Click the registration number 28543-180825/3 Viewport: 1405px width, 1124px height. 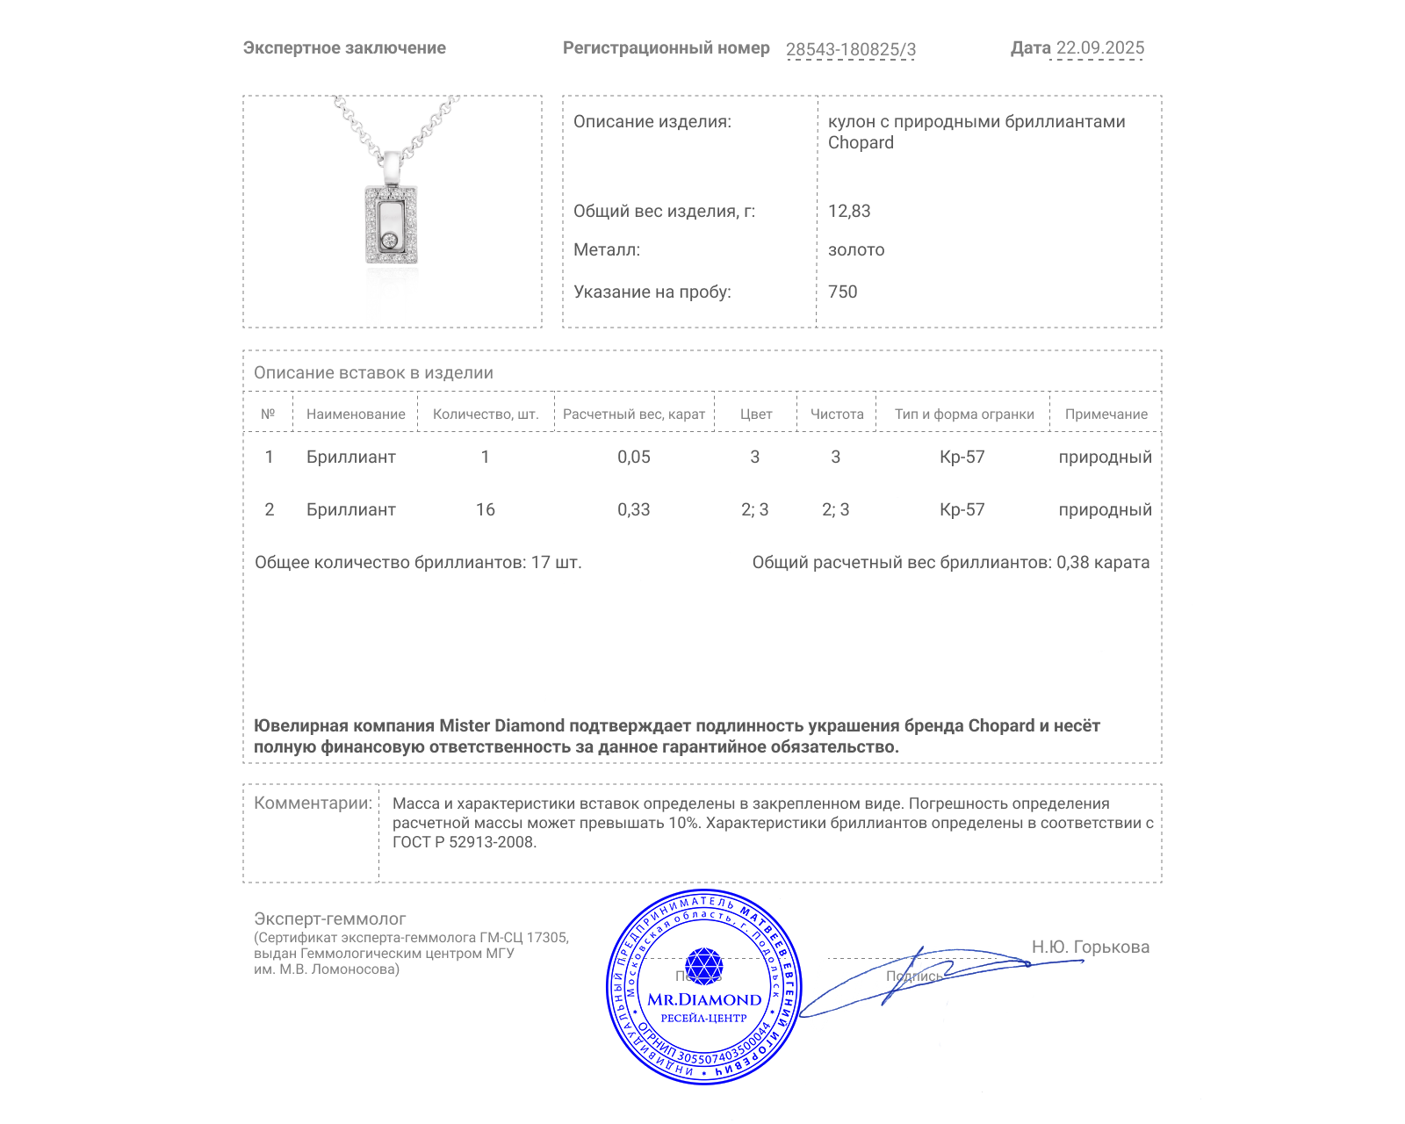click(x=850, y=49)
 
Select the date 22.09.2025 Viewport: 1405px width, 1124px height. click(x=1099, y=48)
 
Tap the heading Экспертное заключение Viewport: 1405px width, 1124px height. click(x=344, y=48)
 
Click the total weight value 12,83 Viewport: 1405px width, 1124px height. click(x=849, y=211)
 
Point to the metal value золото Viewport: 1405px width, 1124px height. click(x=856, y=249)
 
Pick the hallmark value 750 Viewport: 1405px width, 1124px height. click(x=842, y=292)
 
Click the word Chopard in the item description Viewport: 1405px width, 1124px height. click(x=861, y=142)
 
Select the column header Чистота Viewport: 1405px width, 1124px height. click(x=837, y=414)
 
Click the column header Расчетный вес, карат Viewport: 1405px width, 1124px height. click(x=634, y=414)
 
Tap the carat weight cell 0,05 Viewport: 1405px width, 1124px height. click(x=634, y=457)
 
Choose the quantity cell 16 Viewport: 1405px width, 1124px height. click(x=486, y=509)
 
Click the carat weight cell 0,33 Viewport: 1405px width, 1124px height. click(x=634, y=509)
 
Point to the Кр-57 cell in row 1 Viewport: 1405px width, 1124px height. click(x=962, y=457)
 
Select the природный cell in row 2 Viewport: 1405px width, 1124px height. click(x=1105, y=509)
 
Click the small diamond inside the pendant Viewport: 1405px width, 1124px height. click(x=390, y=240)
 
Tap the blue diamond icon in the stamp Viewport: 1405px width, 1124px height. click(x=703, y=966)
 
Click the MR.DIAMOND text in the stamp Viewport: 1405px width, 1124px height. click(x=704, y=999)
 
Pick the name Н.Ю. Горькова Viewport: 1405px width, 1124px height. click(x=1090, y=947)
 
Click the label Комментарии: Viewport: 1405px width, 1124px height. click(x=313, y=803)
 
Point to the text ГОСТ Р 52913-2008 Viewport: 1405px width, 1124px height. click(x=463, y=842)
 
